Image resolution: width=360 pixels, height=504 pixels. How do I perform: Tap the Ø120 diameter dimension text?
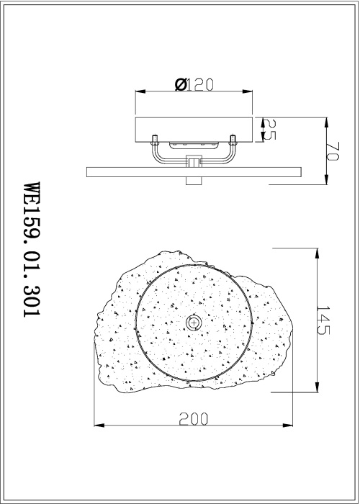coord(194,84)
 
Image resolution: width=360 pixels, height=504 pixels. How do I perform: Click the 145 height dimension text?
coord(323,320)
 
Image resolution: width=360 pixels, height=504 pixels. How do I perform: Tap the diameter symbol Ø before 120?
coord(181,84)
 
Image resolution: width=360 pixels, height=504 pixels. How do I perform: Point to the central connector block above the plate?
coord(193,162)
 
